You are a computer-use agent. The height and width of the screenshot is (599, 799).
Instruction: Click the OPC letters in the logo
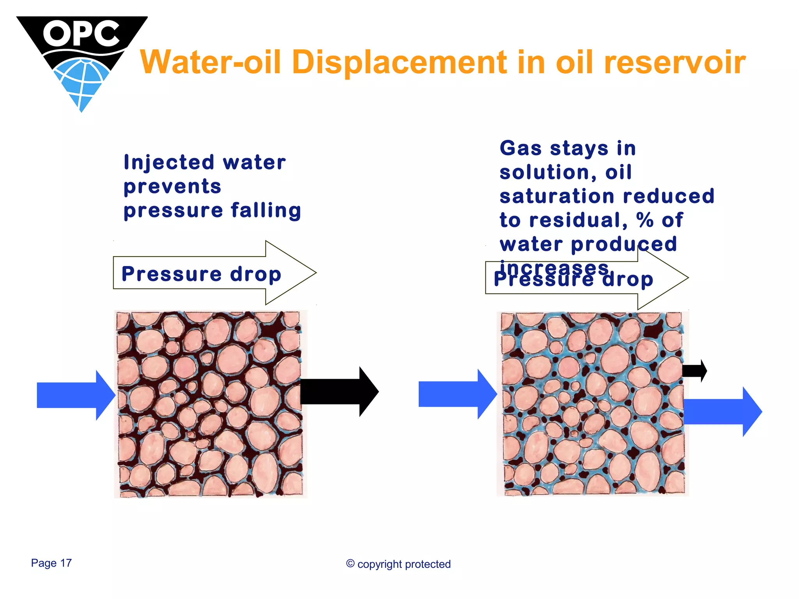pyautogui.click(x=81, y=34)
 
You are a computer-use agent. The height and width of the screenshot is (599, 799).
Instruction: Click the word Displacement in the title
pyautogui.click(x=400, y=62)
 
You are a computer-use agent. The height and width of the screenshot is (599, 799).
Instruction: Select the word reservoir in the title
pyautogui.click(x=675, y=62)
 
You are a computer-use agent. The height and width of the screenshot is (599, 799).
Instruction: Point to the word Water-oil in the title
pyautogui.click(x=211, y=62)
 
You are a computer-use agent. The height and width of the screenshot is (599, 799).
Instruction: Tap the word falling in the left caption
pyautogui.click(x=266, y=211)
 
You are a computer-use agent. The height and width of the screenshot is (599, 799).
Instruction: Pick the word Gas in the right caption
pyautogui.click(x=521, y=149)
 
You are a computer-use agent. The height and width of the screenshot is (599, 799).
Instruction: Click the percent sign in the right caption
pyautogui.click(x=645, y=220)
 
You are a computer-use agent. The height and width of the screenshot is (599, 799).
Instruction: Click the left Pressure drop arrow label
pyautogui.click(x=201, y=274)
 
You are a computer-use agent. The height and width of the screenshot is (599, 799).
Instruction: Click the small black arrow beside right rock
pyautogui.click(x=694, y=370)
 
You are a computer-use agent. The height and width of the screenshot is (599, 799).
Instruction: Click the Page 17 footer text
pyautogui.click(x=51, y=563)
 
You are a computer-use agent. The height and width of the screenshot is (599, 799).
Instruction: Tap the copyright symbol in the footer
pyautogui.click(x=350, y=564)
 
